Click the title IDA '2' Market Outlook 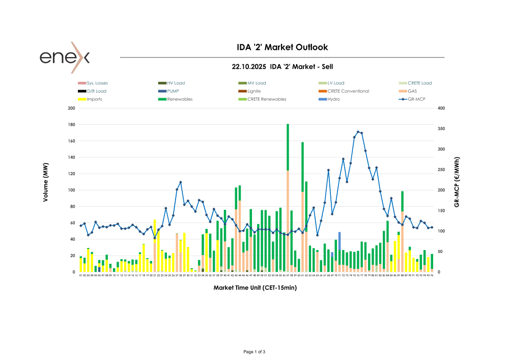tap(282, 47)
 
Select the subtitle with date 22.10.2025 tap(282, 67)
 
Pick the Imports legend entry tap(94, 99)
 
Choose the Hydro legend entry tap(332, 99)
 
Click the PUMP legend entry tap(173, 91)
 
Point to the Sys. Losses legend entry tap(97, 83)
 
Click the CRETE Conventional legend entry tap(348, 91)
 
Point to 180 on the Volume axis tap(72, 125)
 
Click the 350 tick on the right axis tap(440, 129)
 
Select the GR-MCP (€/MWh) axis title tap(457, 182)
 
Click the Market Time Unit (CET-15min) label tap(255, 288)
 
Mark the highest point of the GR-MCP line tap(358, 132)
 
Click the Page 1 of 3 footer tap(254, 352)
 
